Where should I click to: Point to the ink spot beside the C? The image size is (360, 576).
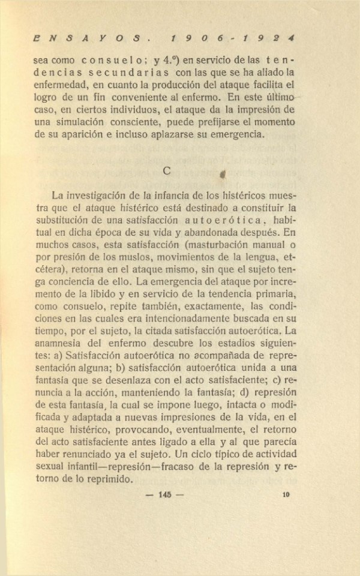click(x=221, y=174)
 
